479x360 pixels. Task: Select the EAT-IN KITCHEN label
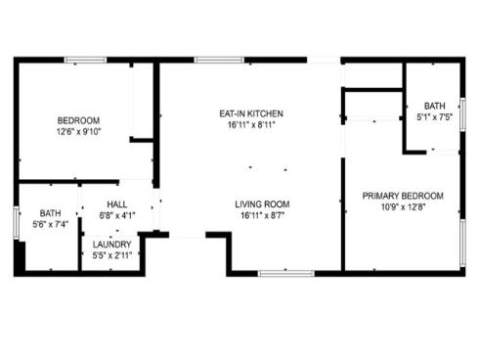[x=251, y=113]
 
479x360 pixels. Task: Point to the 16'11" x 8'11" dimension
[x=251, y=125]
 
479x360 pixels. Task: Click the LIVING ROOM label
[x=262, y=204]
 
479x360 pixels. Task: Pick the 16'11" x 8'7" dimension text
[x=262, y=216]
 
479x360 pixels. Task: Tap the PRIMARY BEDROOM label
[x=404, y=196]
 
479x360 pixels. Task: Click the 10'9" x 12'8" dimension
[x=404, y=207]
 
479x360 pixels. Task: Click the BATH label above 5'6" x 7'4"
[x=50, y=213]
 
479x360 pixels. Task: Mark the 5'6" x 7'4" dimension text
[x=50, y=225]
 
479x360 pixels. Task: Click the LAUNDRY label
[x=112, y=244]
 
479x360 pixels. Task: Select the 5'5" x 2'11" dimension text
[x=112, y=255]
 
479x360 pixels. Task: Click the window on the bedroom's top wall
[x=86, y=61]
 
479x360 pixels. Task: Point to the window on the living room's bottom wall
[x=285, y=272]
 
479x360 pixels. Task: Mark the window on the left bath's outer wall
[x=16, y=221]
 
